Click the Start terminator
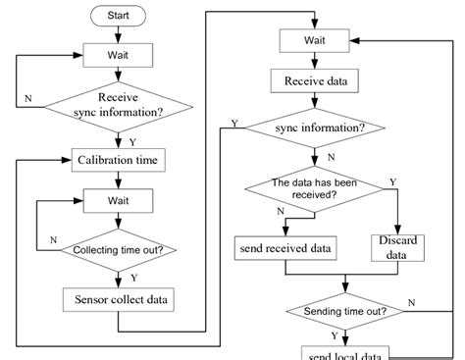tap(118, 16)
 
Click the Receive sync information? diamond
tap(118, 105)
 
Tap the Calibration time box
tap(118, 160)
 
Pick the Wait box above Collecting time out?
tap(118, 203)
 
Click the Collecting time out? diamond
tap(118, 250)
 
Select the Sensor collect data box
tap(119, 299)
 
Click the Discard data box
tap(397, 247)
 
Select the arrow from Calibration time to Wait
tap(118, 180)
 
